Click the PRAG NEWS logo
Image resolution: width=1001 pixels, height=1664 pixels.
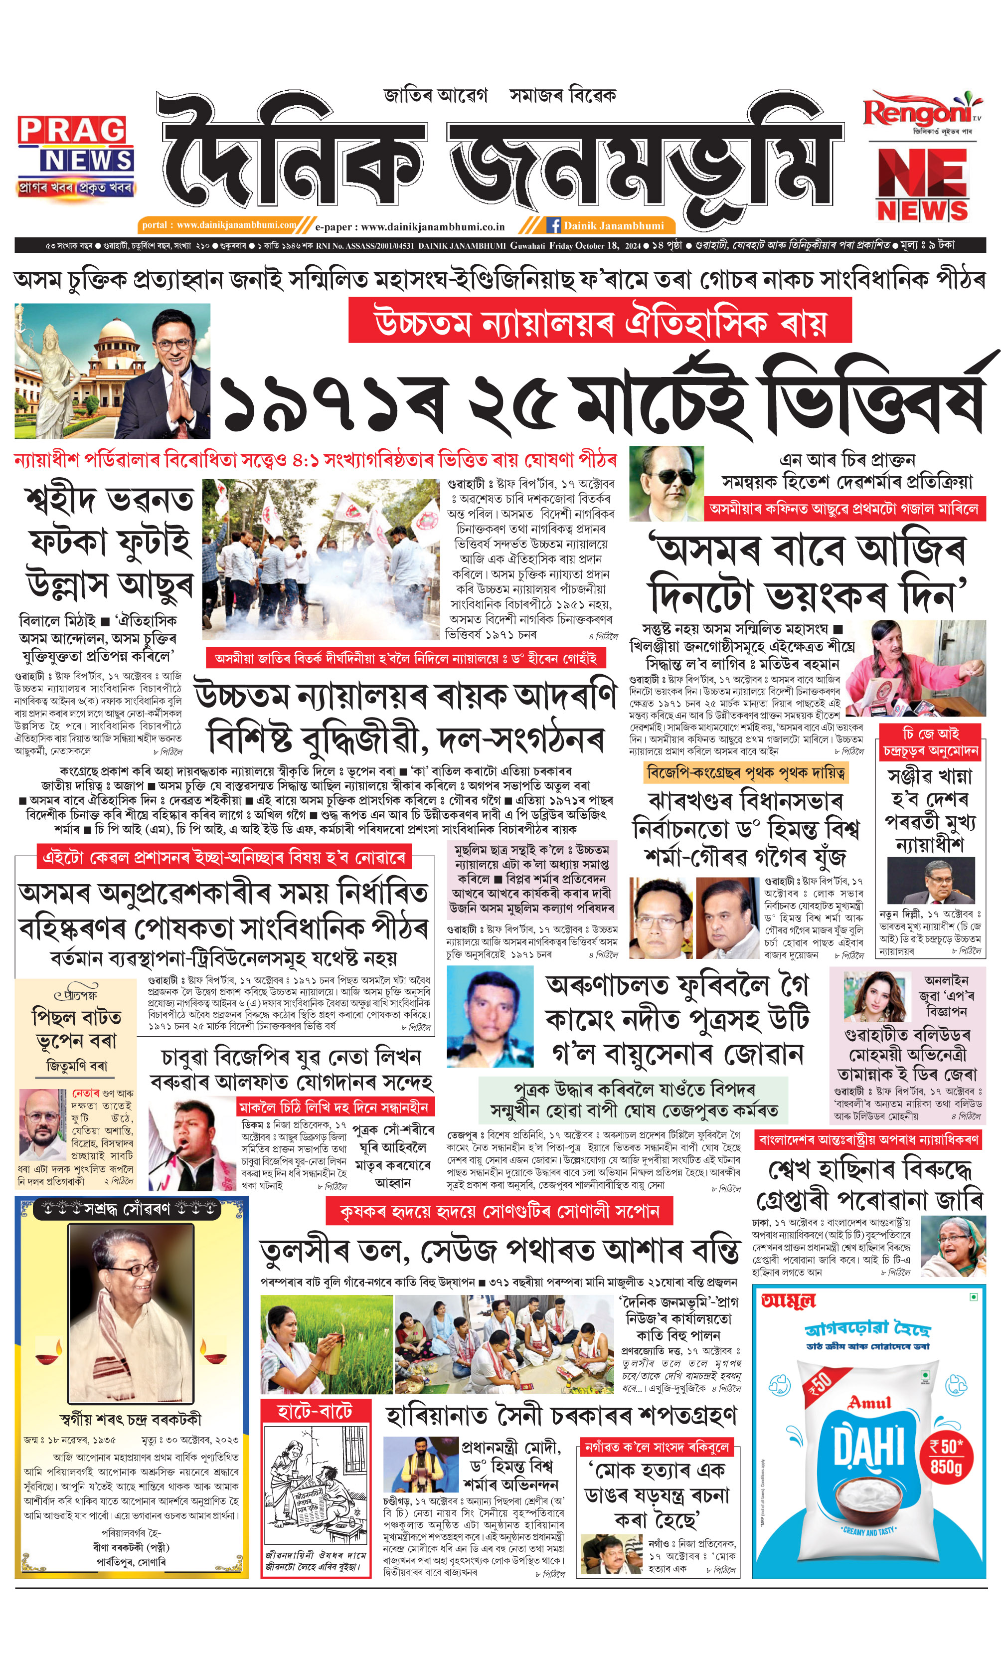tap(76, 157)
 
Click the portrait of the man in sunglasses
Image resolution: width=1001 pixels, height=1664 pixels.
tap(666, 483)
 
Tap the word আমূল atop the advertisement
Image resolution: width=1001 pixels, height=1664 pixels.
tap(788, 1300)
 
